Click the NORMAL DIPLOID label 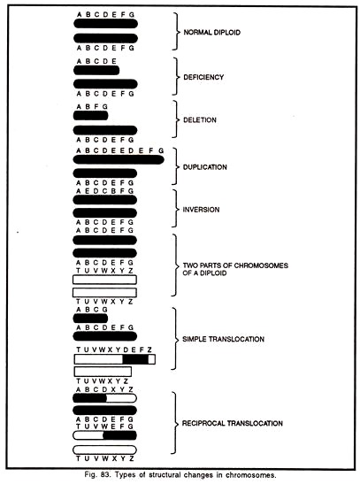212,33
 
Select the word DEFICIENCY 203,77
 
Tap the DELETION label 200,120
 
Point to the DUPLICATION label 205,167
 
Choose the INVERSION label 201,210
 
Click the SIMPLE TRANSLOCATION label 224,339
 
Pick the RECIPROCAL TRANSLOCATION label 233,423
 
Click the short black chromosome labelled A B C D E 96,71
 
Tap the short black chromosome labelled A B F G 91,116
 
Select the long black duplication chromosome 119,159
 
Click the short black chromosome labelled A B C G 90,319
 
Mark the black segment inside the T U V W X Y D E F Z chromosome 135,359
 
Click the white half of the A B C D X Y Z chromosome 121,398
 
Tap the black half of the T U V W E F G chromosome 119,435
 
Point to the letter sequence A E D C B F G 105,191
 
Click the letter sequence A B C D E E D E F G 119,150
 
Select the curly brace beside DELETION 176,119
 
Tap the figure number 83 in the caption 104,475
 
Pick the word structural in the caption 164,475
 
